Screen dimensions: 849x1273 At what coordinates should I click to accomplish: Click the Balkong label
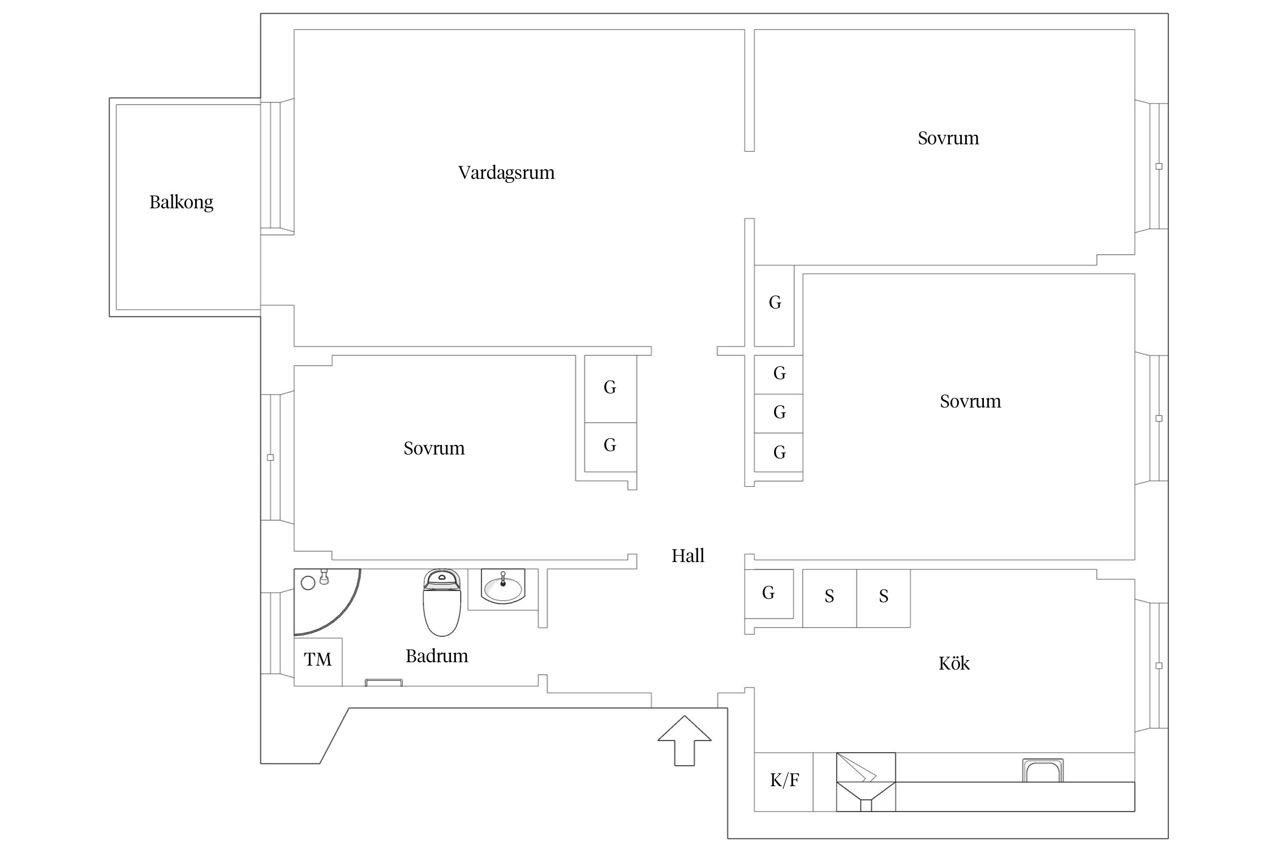tap(181, 202)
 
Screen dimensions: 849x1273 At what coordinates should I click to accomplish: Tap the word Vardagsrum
tap(506, 173)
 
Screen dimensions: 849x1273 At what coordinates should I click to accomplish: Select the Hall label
tap(687, 556)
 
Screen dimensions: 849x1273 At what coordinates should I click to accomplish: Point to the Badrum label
tap(437, 656)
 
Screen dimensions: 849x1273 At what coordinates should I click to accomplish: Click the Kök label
tap(954, 663)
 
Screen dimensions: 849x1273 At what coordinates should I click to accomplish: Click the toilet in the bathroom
tap(442, 602)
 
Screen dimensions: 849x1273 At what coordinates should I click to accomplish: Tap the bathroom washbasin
tap(502, 587)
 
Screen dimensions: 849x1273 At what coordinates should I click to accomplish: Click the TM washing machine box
tap(318, 660)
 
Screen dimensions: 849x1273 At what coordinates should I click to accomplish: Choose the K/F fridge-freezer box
tap(784, 781)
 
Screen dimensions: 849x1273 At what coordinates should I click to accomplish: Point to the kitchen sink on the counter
tap(1043, 771)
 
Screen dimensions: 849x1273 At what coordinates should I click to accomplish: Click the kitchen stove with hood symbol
tap(866, 781)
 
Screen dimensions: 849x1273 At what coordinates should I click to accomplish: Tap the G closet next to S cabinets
tap(768, 593)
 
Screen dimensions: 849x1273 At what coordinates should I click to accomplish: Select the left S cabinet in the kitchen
tap(829, 597)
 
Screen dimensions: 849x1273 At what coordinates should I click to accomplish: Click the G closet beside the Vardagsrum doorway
tap(775, 303)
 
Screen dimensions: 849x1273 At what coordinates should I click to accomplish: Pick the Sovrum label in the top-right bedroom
tap(948, 139)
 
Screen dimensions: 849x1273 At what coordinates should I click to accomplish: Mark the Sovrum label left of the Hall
tap(434, 448)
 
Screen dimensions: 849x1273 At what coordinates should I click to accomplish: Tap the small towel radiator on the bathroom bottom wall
tap(384, 683)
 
